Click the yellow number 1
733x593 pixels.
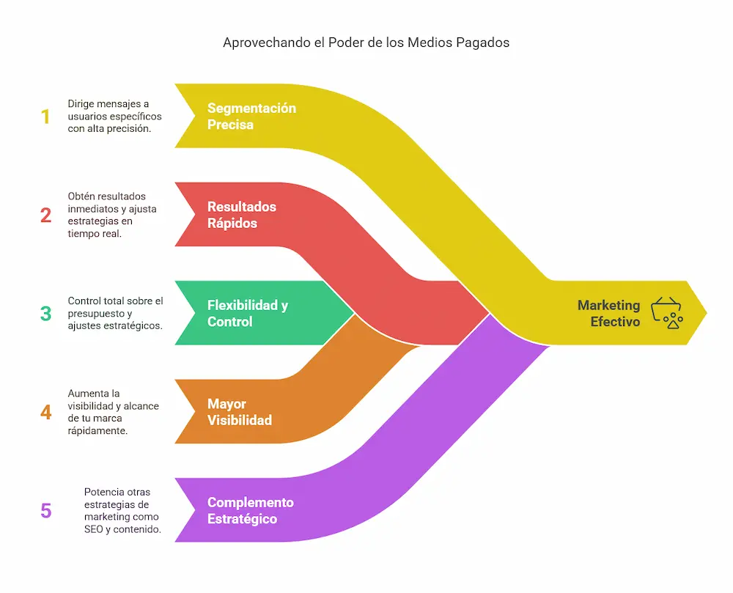pos(45,117)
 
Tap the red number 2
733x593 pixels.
pos(45,215)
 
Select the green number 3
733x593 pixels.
pos(45,314)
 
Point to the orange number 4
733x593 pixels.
pos(46,412)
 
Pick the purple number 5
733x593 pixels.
pos(46,510)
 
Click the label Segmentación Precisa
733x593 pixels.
pos(251,117)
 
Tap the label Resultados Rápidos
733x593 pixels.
pos(242,215)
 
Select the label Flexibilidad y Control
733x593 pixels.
pos(247,314)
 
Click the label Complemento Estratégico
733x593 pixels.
pos(250,510)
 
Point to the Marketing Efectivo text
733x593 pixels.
pos(608,313)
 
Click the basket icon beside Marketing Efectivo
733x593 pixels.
pos(667,312)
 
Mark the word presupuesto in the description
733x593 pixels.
pos(93,313)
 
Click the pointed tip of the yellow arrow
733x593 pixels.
pos(706,313)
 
